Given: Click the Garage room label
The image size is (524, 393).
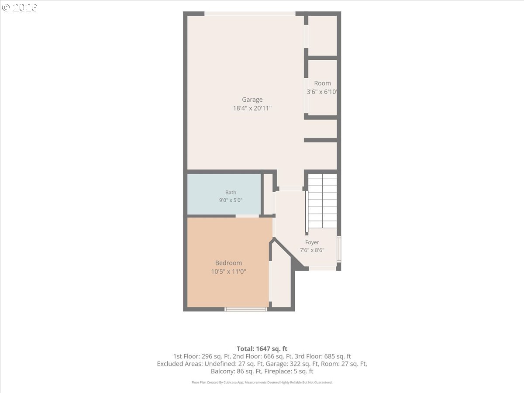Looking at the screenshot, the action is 252,100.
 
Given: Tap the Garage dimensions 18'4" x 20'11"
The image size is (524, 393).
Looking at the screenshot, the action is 252,108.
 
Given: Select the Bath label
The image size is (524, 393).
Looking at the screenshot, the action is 231,192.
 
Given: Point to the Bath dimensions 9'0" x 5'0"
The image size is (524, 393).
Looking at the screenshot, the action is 231,200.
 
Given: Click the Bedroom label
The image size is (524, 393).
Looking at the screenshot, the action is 228,263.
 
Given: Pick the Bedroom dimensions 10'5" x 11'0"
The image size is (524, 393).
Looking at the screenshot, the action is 228,271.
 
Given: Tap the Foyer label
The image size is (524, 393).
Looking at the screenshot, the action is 312,242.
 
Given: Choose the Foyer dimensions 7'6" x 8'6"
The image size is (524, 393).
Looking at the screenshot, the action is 312,250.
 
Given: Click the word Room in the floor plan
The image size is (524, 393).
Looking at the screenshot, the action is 322,83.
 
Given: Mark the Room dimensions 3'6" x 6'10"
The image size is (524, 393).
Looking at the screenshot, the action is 321,92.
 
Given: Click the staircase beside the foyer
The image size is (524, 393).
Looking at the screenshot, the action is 322,201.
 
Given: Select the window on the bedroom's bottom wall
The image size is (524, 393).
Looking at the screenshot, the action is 246,309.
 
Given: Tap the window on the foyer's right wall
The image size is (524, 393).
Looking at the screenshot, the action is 339,249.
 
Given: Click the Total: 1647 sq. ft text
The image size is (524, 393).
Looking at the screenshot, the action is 262,349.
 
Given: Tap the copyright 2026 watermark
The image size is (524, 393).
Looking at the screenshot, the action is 19,7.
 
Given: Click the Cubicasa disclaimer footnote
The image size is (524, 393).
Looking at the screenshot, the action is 262,383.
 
